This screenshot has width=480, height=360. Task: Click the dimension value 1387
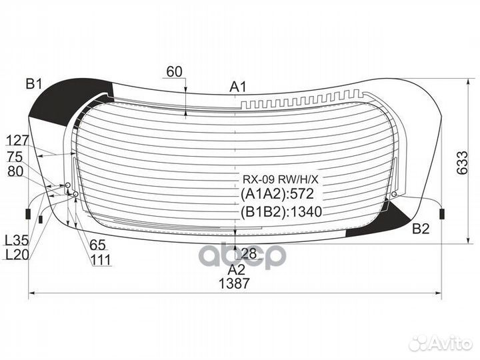(x=234, y=283)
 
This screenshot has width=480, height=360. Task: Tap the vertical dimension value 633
(x=462, y=163)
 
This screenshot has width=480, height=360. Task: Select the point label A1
(x=238, y=87)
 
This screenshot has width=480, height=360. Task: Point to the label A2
(x=237, y=270)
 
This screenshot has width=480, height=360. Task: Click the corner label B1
(x=34, y=83)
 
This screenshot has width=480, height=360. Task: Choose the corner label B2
(x=421, y=229)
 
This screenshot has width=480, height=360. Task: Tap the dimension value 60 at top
(x=174, y=71)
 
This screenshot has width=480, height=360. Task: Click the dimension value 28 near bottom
(x=249, y=253)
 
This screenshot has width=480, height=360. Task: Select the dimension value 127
(x=17, y=141)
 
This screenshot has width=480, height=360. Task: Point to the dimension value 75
(x=15, y=157)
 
